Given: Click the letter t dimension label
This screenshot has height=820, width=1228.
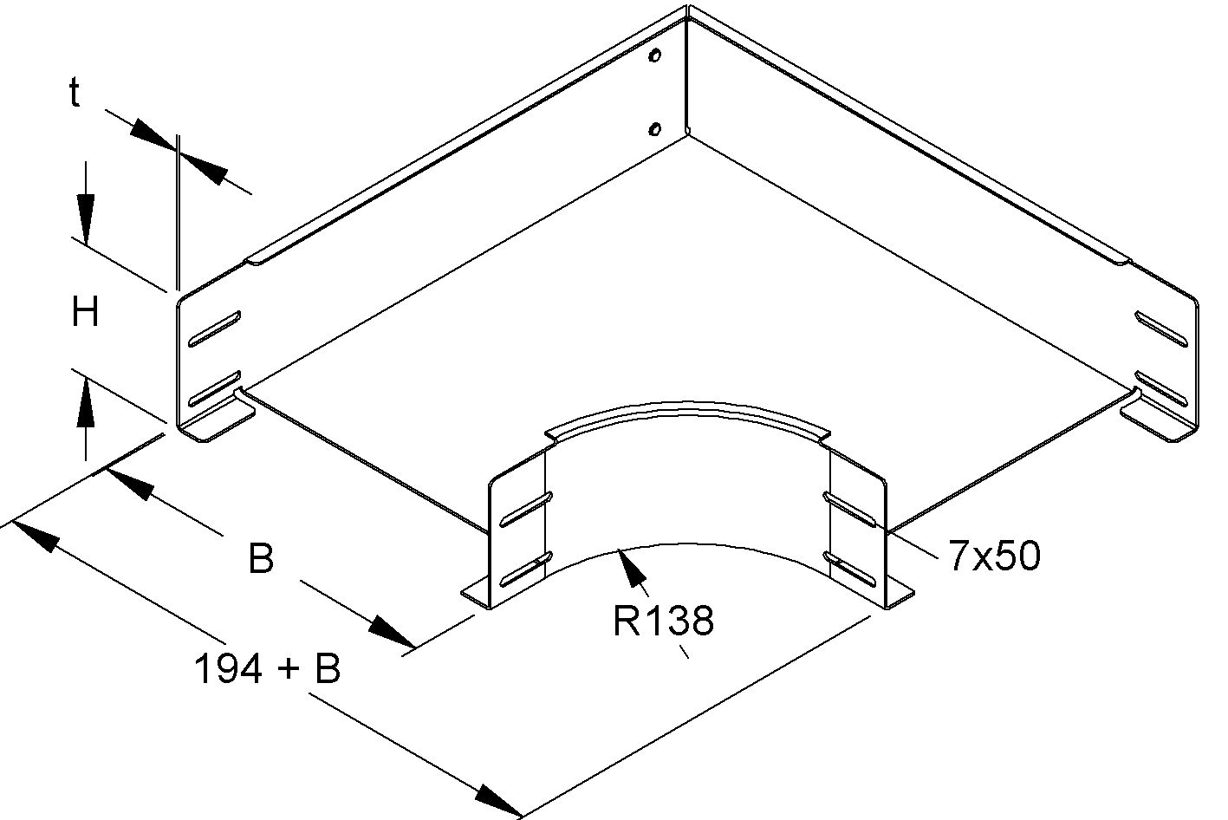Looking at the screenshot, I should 75,93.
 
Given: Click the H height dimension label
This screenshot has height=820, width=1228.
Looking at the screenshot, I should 85,312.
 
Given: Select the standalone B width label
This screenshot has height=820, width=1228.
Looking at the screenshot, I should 260,559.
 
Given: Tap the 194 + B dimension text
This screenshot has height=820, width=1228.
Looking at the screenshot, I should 267,669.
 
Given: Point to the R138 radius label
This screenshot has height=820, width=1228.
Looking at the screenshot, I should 663,621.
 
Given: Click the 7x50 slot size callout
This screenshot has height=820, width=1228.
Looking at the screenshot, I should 994,556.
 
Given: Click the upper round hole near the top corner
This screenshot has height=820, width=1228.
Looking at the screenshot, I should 655,58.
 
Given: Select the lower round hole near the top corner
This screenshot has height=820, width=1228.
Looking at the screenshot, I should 655,130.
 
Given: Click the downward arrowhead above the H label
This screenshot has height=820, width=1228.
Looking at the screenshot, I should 85,222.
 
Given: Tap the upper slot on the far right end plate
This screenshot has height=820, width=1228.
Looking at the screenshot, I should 1160,329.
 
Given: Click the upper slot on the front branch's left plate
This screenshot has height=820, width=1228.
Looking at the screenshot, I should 524,510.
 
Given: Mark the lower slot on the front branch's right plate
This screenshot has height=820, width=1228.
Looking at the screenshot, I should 849,568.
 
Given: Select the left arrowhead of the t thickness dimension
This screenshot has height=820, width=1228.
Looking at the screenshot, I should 153,139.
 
